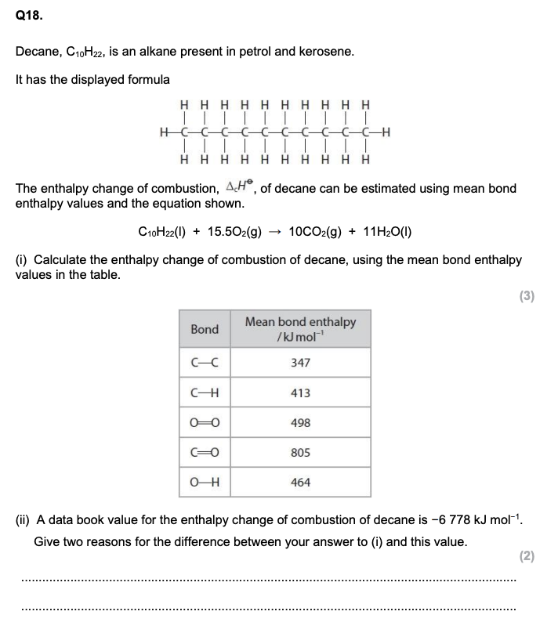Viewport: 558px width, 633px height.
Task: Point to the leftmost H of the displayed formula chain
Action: click(163, 132)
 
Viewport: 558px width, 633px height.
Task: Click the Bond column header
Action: click(205, 329)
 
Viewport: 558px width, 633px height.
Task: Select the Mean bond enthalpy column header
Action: click(300, 329)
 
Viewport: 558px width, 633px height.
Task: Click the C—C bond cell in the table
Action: click(205, 363)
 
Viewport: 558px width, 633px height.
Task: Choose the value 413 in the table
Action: click(300, 392)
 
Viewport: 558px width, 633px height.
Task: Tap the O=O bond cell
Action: click(205, 423)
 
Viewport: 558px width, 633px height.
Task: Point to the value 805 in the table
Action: click(300, 453)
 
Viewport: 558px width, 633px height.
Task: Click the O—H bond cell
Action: click(205, 483)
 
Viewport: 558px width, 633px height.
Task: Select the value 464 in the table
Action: click(300, 483)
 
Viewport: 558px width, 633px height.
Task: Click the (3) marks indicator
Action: click(527, 295)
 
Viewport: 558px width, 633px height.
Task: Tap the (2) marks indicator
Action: click(527, 556)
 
